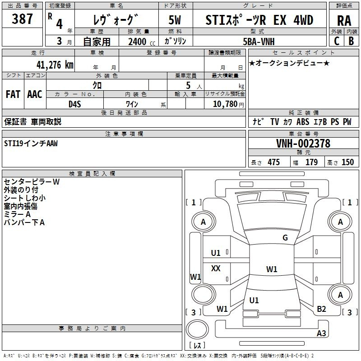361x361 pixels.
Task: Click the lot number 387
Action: point(22,19)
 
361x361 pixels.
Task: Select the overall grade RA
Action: point(344,20)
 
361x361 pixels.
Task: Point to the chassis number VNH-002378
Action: point(303,144)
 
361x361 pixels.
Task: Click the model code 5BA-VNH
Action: point(259,41)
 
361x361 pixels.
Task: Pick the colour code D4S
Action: point(74,104)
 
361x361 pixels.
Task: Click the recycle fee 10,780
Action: point(225,104)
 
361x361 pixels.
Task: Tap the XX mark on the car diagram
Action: point(216,268)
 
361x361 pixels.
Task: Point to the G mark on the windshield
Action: point(285,238)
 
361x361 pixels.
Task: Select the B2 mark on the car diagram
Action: point(321,309)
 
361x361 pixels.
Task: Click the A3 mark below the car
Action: point(321,333)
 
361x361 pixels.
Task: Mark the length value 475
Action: point(273,162)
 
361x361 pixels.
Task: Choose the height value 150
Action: point(347,162)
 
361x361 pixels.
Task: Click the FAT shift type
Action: point(13,94)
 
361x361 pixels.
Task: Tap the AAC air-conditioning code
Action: point(35,94)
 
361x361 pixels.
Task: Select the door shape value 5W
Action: point(175,20)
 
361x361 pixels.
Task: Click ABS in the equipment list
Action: point(303,122)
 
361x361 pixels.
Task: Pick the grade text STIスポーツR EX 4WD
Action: point(259,20)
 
